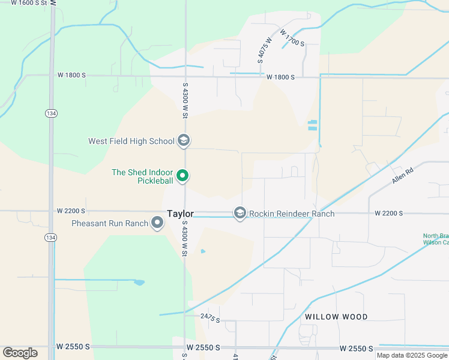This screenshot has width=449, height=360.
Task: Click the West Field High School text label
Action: coord(131,142)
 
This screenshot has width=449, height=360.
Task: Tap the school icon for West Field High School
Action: coord(184,141)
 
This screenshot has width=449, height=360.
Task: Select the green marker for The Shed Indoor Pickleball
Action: coord(184,176)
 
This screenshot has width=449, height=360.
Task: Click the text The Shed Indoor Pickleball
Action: coord(143,176)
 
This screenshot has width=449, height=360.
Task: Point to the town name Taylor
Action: coord(180,214)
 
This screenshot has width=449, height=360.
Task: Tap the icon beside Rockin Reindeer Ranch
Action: coord(240,214)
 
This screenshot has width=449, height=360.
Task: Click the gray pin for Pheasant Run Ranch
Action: coord(158,223)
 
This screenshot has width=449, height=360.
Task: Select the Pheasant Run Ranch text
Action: coord(110,224)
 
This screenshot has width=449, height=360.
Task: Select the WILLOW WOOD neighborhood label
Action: coord(336,317)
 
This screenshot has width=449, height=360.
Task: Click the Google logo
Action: coord(20,353)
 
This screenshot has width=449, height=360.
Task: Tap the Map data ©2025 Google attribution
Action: coord(412,355)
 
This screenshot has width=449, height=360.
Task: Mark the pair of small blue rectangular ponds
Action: coord(312,125)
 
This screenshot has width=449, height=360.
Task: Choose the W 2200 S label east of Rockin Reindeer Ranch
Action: coord(388,214)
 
